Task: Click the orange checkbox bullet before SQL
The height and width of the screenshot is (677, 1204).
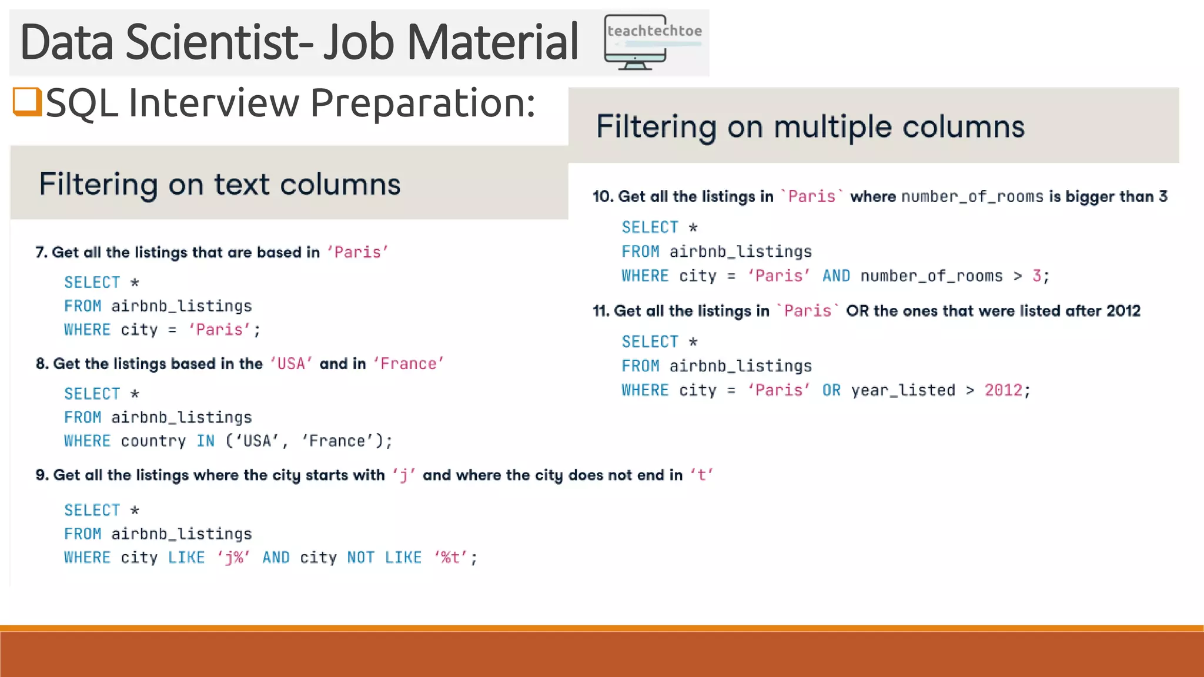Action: pyautogui.click(x=27, y=102)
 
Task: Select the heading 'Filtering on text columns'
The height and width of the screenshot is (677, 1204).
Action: pyautogui.click(x=220, y=184)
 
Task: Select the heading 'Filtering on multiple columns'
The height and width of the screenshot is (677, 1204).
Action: pyautogui.click(x=810, y=126)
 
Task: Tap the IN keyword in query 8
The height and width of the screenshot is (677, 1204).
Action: pyautogui.click(x=205, y=441)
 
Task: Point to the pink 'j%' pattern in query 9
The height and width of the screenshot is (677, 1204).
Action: pyautogui.click(x=233, y=557)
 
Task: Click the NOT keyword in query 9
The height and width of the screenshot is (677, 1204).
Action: pyautogui.click(x=360, y=557)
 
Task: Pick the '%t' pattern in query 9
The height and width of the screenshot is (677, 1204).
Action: pyautogui.click(x=450, y=557)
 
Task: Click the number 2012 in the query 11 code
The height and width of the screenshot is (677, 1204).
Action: pyautogui.click(x=1004, y=390)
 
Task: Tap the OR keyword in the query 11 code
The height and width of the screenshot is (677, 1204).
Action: pyautogui.click(x=831, y=390)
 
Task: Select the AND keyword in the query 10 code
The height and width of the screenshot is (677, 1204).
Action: pyautogui.click(x=836, y=276)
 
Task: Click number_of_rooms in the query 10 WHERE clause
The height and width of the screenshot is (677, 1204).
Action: pyautogui.click(x=931, y=276)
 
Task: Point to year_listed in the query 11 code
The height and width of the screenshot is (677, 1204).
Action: pyautogui.click(x=903, y=390)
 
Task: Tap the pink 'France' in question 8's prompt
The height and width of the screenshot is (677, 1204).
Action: pyautogui.click(x=408, y=364)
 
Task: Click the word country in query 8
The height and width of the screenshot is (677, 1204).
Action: pyautogui.click(x=153, y=441)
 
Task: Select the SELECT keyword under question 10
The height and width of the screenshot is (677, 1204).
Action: pyautogui.click(x=650, y=227)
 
